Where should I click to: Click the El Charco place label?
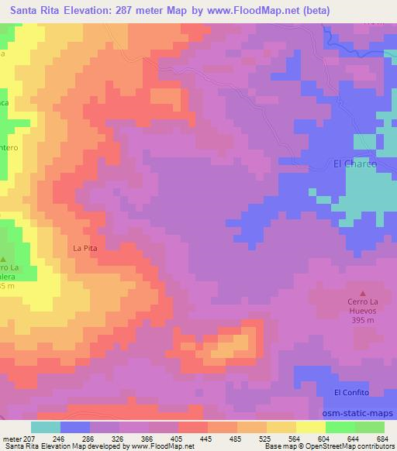(354, 164)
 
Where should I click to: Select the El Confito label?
(353, 393)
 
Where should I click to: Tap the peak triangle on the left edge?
(3, 260)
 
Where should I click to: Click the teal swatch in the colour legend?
(45, 427)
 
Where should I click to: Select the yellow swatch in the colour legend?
(311, 427)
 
